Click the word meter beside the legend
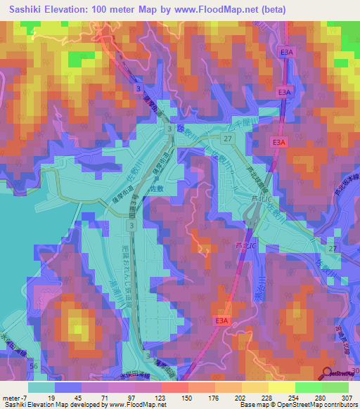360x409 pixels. (x=12, y=397)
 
